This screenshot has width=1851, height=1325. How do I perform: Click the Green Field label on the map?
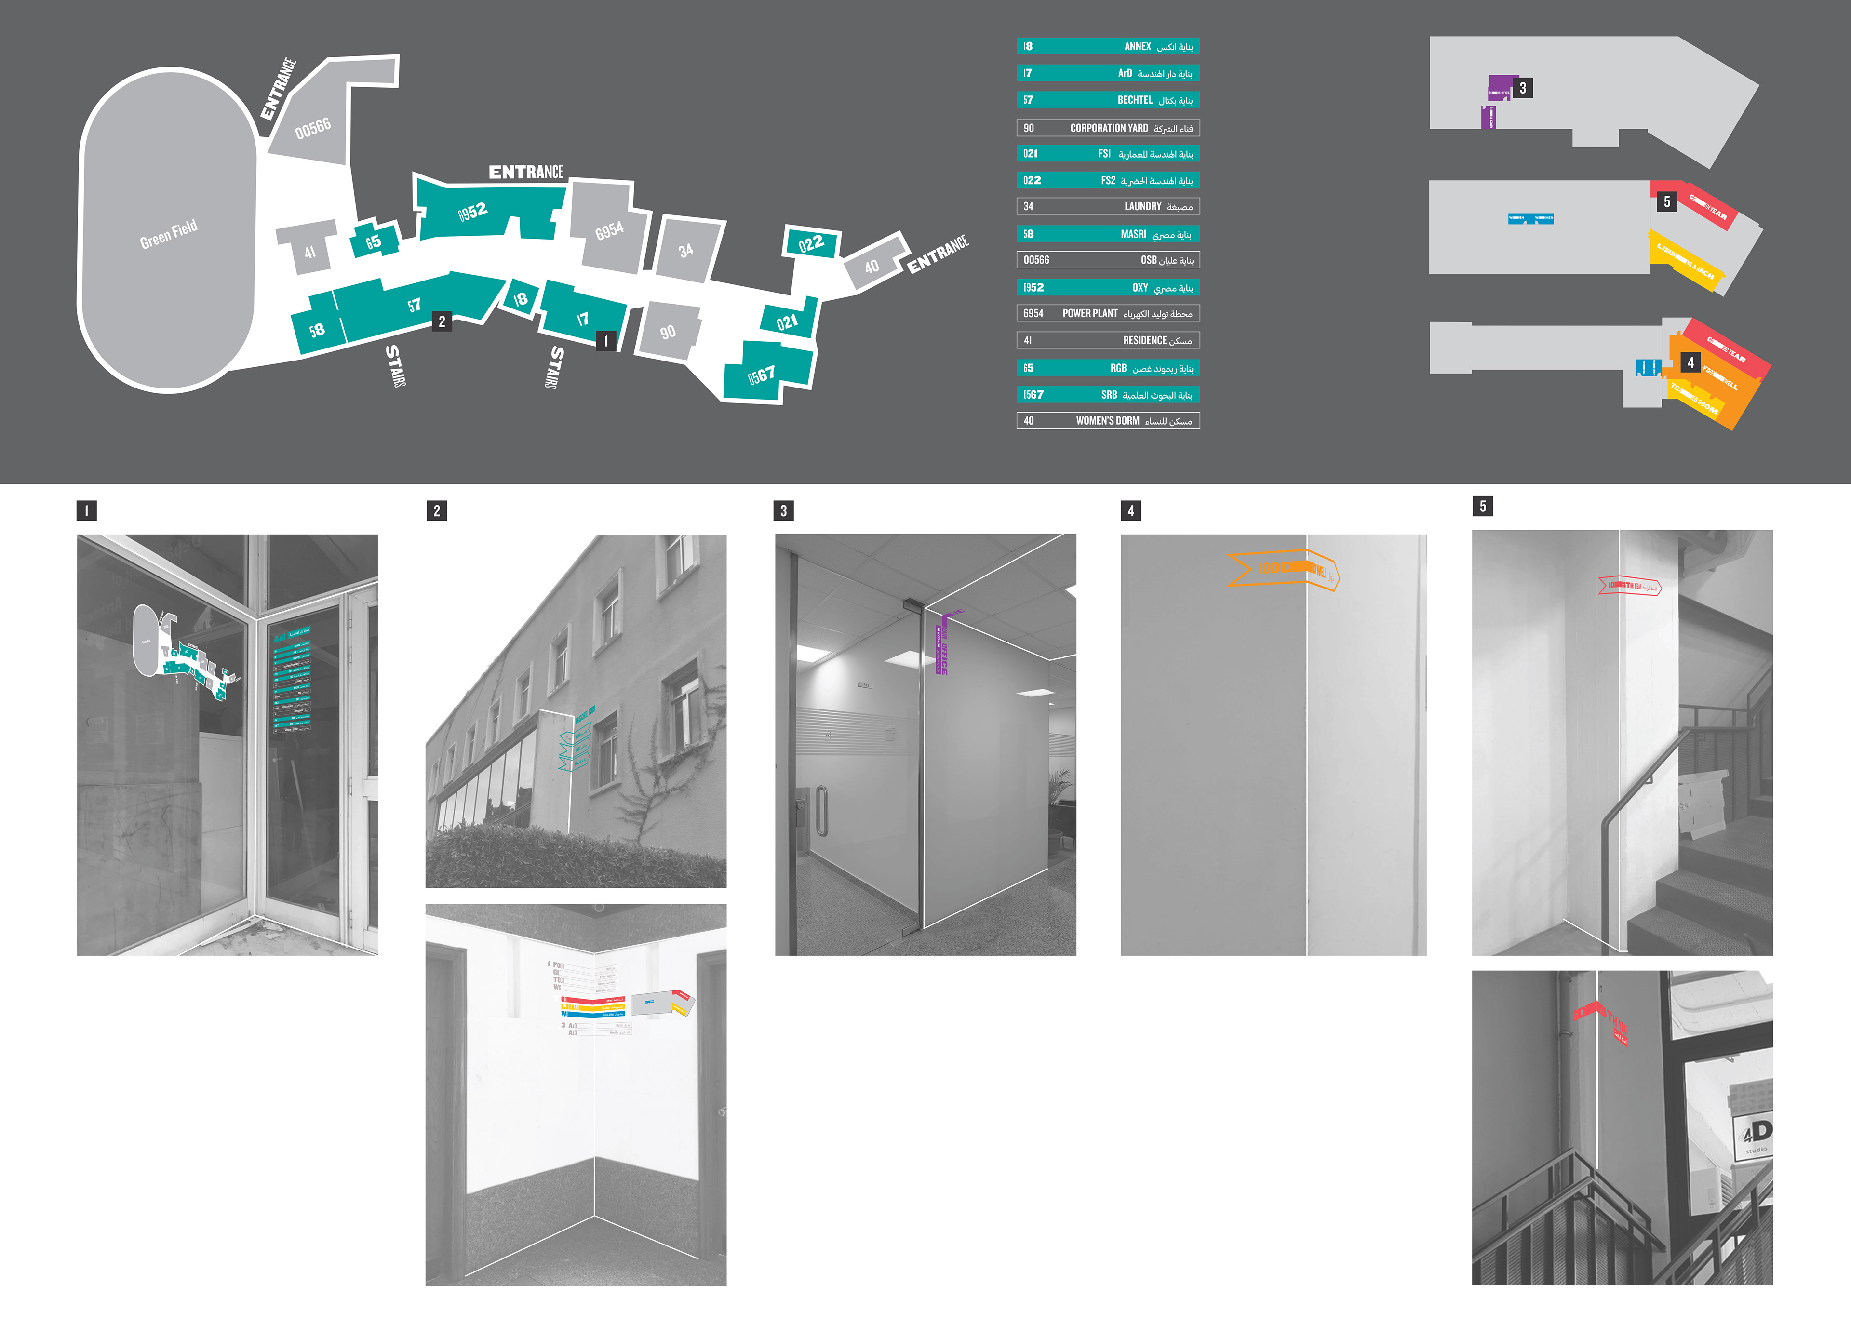tap(168, 234)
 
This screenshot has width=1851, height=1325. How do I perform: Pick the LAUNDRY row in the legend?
tap(1108, 206)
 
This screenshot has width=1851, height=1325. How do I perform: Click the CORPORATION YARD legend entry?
tap(1108, 128)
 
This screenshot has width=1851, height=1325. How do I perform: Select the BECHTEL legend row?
tap(1108, 100)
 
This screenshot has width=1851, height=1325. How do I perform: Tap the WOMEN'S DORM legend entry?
tap(1108, 421)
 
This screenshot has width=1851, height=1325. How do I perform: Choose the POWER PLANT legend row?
tap(1108, 313)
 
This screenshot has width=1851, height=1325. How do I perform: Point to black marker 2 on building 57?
tap(442, 321)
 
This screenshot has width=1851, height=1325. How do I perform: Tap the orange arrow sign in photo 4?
tap(1282, 569)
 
